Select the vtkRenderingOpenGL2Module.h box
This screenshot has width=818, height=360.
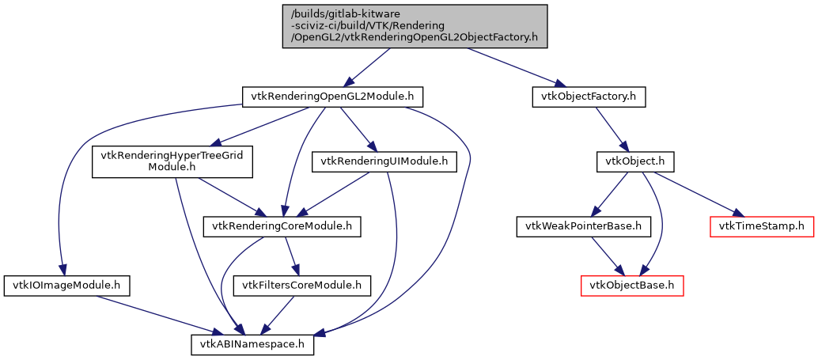(x=332, y=97)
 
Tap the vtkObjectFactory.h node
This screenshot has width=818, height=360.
(x=589, y=97)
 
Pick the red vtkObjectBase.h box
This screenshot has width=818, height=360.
(x=632, y=285)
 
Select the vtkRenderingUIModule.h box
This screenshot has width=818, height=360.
(x=384, y=161)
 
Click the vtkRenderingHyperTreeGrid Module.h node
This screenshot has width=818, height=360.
(x=172, y=161)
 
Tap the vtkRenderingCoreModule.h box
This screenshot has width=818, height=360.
(x=282, y=226)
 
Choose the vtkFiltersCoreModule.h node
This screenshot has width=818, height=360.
(x=301, y=285)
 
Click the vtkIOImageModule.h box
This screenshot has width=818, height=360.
(x=66, y=285)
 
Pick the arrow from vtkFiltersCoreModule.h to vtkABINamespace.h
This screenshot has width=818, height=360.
(x=278, y=315)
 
